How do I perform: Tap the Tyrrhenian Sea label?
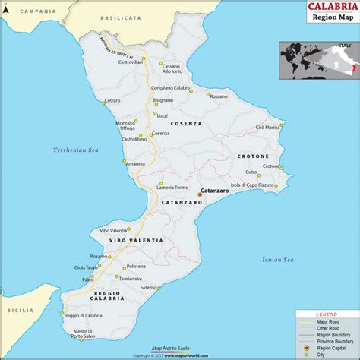tap(76, 150)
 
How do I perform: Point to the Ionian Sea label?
tap(277, 259)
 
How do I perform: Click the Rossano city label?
tap(218, 96)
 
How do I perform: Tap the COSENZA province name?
tap(186, 123)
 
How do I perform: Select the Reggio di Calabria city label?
tap(82, 315)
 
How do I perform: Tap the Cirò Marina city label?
tap(268, 127)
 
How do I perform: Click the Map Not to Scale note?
tap(171, 349)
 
